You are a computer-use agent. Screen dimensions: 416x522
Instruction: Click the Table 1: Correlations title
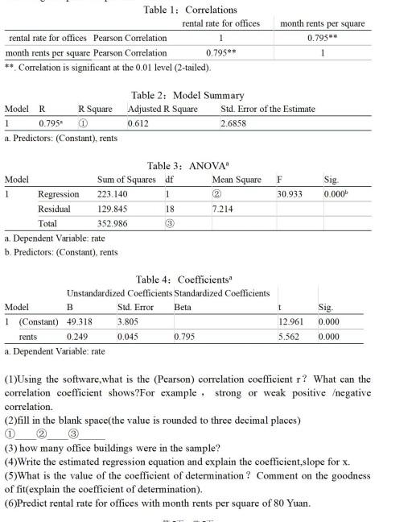click(x=190, y=10)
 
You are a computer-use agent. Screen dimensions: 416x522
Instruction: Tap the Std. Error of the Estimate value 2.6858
click(x=235, y=124)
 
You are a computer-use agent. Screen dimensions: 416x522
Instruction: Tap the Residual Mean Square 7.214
click(x=222, y=208)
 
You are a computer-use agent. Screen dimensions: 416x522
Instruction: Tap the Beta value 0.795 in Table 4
click(x=185, y=337)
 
